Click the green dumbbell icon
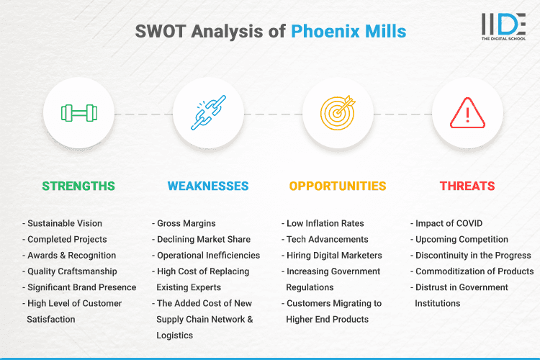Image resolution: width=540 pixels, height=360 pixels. (78, 113)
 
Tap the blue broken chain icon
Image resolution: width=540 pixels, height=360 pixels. (208, 113)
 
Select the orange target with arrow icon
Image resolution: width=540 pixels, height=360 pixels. (338, 113)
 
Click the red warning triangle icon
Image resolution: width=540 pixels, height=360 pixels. (467, 113)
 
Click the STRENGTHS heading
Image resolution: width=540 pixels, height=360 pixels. (78, 186)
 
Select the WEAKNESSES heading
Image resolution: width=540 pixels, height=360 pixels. (208, 186)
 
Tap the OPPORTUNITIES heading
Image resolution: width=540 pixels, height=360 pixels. (338, 186)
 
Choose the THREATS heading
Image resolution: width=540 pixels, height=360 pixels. (467, 186)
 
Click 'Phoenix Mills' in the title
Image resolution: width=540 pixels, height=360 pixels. (348, 32)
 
